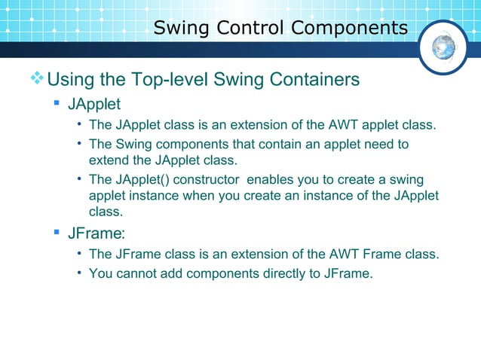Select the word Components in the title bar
click(349, 29)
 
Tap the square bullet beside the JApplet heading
click(57, 102)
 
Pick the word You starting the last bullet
click(100, 273)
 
